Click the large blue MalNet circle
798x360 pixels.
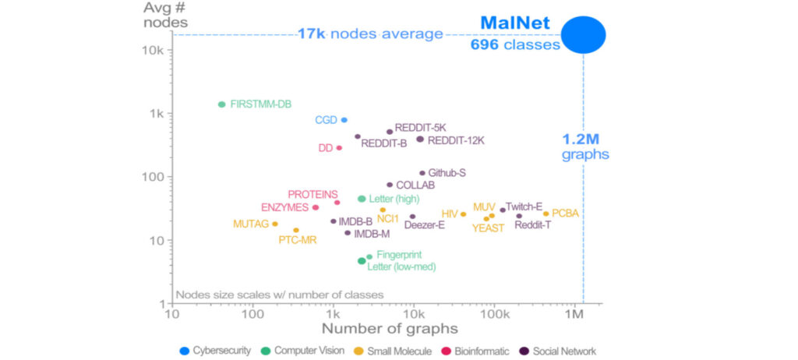584,34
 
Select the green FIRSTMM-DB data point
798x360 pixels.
222,104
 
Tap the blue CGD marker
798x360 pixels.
344,120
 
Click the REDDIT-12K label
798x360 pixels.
456,141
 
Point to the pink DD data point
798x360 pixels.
339,147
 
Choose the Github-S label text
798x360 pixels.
447,173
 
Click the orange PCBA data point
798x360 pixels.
546,214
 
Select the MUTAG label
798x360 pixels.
250,224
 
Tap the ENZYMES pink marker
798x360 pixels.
316,207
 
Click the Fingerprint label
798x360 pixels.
399,255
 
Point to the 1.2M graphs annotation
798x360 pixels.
585,147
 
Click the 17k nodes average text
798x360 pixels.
369,34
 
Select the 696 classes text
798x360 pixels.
515,45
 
